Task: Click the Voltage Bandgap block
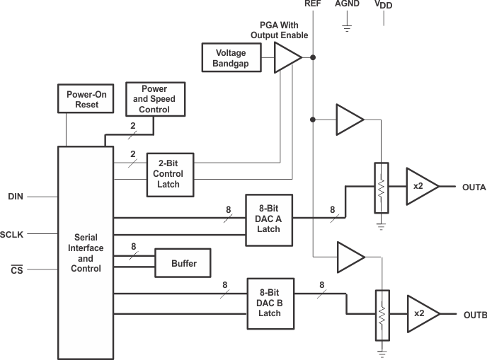click(231, 57)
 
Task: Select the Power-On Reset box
click(82, 100)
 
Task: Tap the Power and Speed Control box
click(154, 100)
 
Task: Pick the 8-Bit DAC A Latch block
click(269, 220)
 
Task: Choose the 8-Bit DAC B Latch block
click(270, 303)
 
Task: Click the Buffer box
click(183, 264)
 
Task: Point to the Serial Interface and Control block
click(84, 252)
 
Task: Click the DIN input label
click(16, 196)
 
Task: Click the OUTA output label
click(473, 187)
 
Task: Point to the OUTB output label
click(474, 315)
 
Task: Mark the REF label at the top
click(313, 4)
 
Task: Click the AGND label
click(347, 4)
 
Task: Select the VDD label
click(384, 5)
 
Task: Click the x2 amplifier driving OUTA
click(419, 187)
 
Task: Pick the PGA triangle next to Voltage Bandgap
click(287, 57)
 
